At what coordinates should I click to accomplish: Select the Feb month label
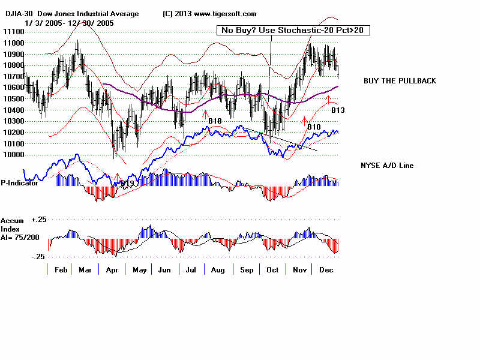(60, 271)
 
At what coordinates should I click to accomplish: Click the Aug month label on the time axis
(217, 271)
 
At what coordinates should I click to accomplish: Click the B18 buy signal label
(215, 122)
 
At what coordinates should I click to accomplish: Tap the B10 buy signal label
(314, 127)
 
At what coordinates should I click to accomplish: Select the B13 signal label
(338, 110)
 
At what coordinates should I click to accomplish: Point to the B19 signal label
(127, 183)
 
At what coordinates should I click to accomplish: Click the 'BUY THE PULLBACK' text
(400, 81)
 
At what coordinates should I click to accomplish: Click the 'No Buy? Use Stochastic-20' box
(293, 30)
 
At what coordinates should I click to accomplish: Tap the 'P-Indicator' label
(19, 183)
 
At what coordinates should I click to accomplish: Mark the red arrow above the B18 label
(205, 113)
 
